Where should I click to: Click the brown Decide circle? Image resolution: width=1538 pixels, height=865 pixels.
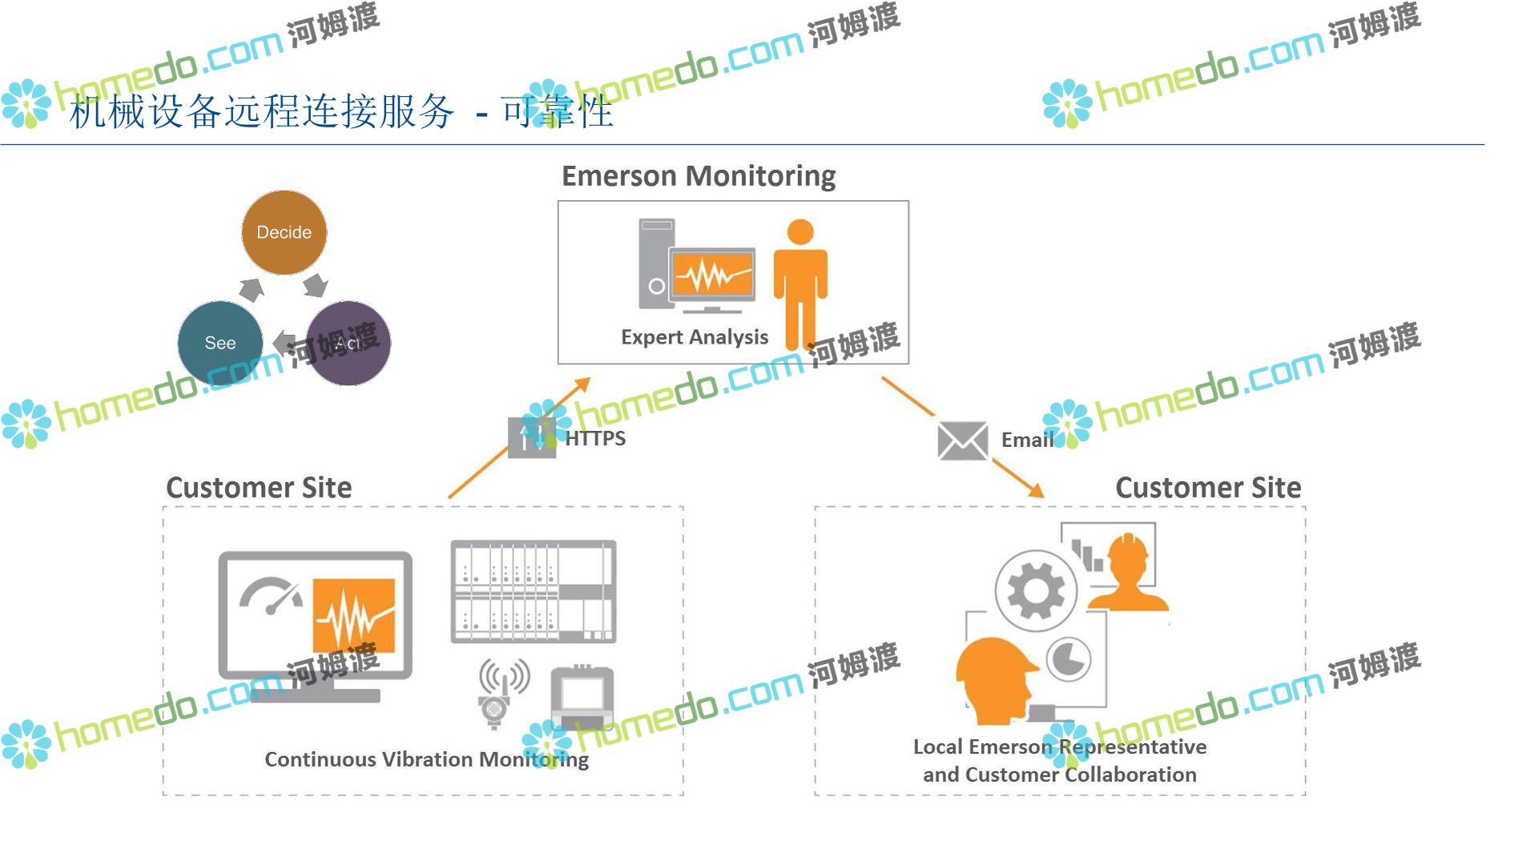pyautogui.click(x=284, y=232)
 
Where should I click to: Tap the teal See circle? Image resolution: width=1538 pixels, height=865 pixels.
pyautogui.click(x=220, y=343)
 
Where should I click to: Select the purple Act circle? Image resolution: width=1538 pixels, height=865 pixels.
pyautogui.click(x=348, y=344)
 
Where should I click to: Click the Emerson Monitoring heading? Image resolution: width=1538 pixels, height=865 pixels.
pyautogui.click(x=699, y=175)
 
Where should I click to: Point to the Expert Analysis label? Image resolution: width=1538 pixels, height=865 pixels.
pyautogui.click(x=695, y=337)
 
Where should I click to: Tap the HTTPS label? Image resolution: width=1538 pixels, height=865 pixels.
pyautogui.click(x=595, y=438)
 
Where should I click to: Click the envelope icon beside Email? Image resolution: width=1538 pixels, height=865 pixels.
pyautogui.click(x=962, y=441)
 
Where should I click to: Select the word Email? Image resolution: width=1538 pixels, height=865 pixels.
pyautogui.click(x=1027, y=440)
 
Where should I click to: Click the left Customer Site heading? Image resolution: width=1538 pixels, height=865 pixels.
pyautogui.click(x=259, y=488)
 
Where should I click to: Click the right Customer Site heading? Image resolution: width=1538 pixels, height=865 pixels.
pyautogui.click(x=1208, y=488)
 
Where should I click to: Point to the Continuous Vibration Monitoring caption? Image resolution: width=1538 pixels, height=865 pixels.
pyautogui.click(x=426, y=759)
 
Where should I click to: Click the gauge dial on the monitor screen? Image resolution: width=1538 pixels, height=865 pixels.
pyautogui.click(x=271, y=597)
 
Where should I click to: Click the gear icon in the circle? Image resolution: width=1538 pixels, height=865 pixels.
pyautogui.click(x=1036, y=591)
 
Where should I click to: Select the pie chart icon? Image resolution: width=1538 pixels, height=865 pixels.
pyautogui.click(x=1069, y=659)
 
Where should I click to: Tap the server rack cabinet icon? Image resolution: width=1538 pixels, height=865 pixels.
pyautogui.click(x=533, y=591)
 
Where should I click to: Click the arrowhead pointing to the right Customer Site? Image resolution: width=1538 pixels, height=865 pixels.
pyautogui.click(x=1037, y=490)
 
